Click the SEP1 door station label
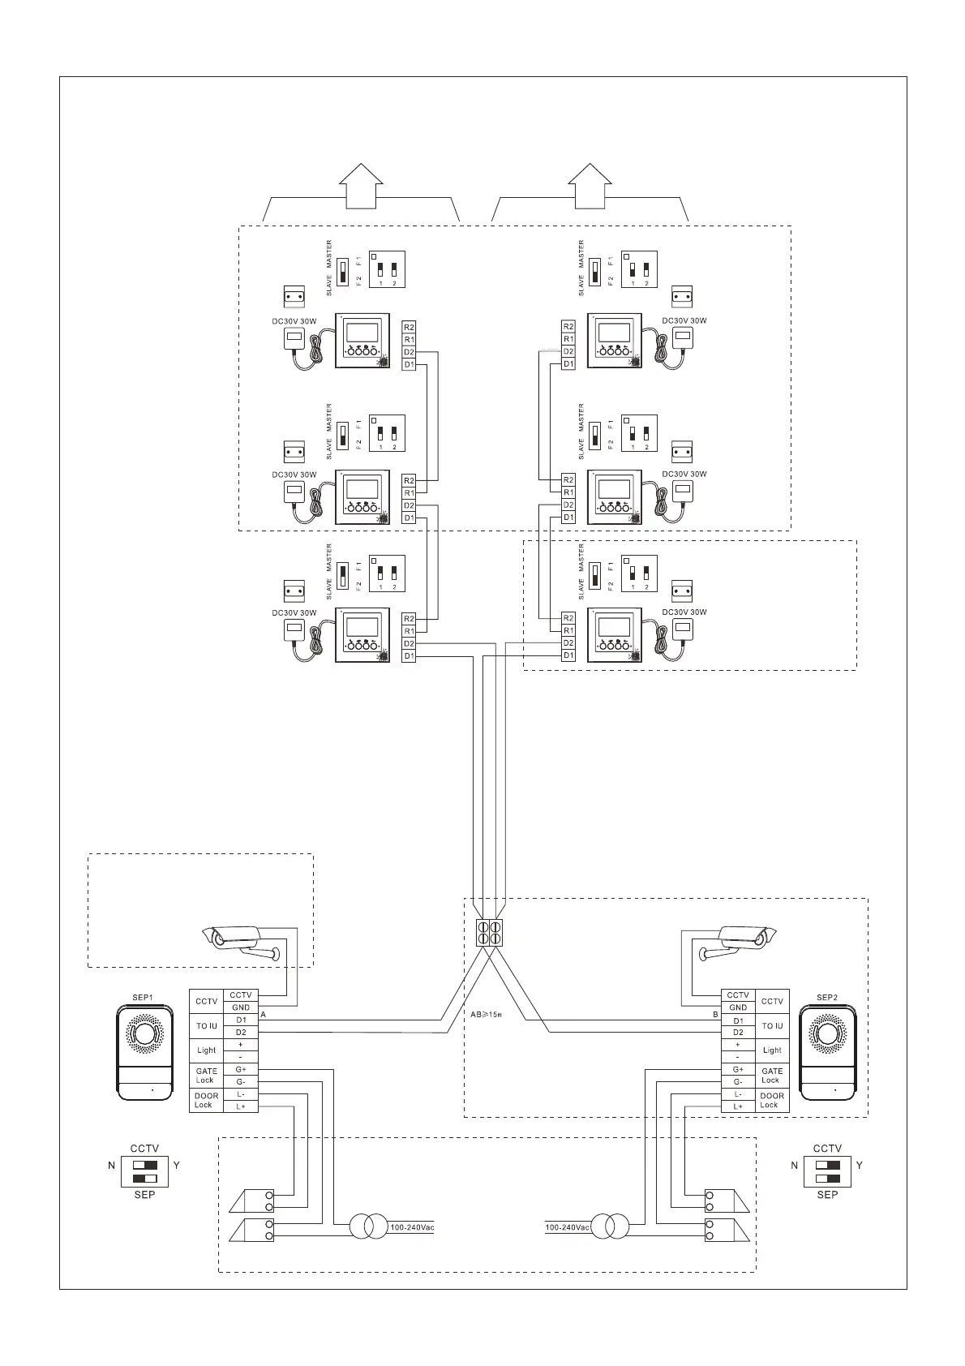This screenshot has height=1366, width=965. [142, 997]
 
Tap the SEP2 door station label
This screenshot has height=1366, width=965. [826, 997]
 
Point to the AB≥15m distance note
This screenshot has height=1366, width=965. [487, 1015]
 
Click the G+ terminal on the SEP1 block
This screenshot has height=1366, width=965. [241, 1070]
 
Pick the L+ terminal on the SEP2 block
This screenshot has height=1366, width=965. [738, 1106]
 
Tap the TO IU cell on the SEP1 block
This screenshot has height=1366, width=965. [207, 1026]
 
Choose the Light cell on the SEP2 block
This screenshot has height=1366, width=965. [772, 1050]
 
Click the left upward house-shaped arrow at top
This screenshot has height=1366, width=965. [361, 186]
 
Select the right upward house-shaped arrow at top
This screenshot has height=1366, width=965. [590, 186]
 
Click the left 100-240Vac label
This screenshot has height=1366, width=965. [412, 1227]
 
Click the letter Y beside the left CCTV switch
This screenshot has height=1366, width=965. [177, 1166]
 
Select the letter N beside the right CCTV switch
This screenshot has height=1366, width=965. [795, 1166]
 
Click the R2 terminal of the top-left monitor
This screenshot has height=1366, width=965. [409, 327]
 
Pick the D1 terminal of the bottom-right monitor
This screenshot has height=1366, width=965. [568, 655]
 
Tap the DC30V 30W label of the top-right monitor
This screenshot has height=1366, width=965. [684, 321]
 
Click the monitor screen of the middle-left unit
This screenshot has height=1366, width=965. [362, 489]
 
